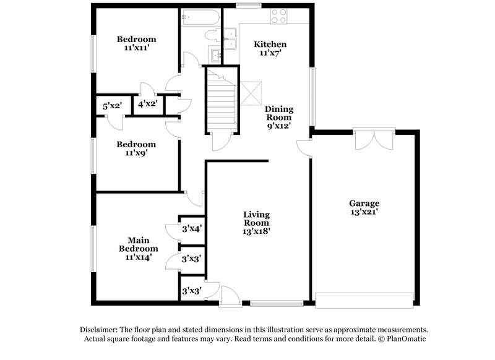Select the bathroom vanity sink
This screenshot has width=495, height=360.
pos(215,56)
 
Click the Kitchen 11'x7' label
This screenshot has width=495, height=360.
pos(271,49)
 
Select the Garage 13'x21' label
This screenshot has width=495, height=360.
pos(364,207)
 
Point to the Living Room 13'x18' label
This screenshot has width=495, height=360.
pos(256,223)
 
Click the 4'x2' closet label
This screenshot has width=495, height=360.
pos(148,105)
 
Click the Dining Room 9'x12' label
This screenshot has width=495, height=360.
pos(279,117)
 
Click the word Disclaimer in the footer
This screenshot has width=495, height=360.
pos(100,330)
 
